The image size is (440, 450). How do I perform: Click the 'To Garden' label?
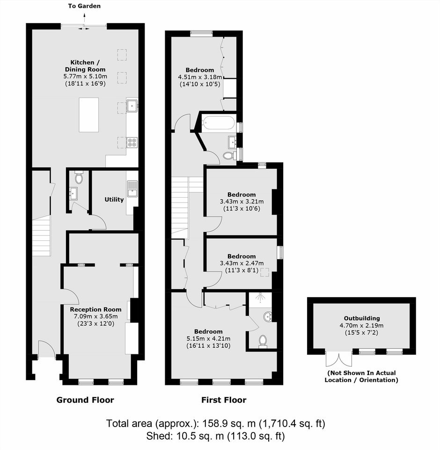tap(84, 6)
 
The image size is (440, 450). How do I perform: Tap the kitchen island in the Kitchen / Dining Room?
tap(89, 115)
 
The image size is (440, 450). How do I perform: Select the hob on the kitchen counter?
tap(132, 142)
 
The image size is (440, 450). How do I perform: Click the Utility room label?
tap(114, 200)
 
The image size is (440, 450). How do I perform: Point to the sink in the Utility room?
tap(132, 188)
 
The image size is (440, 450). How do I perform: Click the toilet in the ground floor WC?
tap(79, 178)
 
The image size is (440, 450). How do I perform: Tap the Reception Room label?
tap(96, 309)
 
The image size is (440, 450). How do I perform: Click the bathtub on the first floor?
tap(219, 123)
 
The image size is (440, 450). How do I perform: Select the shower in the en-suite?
tap(260, 300)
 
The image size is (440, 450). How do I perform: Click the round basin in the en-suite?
tap(268, 317)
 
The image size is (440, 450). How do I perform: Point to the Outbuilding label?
tap(362, 318)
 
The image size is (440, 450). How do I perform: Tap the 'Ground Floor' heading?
tap(85, 400)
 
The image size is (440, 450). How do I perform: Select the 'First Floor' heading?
tap(224, 400)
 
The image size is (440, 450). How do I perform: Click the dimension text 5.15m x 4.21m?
tap(208, 338)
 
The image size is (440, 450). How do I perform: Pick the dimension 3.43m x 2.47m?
tap(242, 263)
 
